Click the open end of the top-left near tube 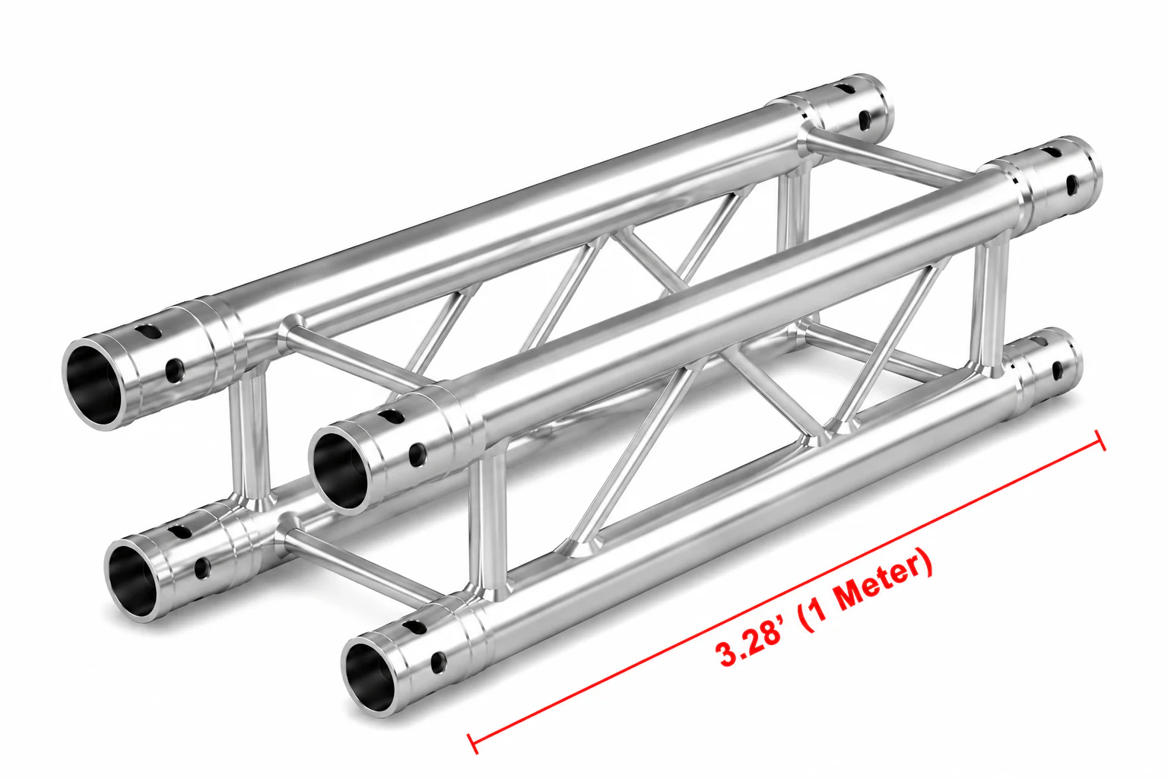pyautogui.click(x=92, y=383)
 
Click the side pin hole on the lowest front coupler pyautogui.click(x=439, y=663)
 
